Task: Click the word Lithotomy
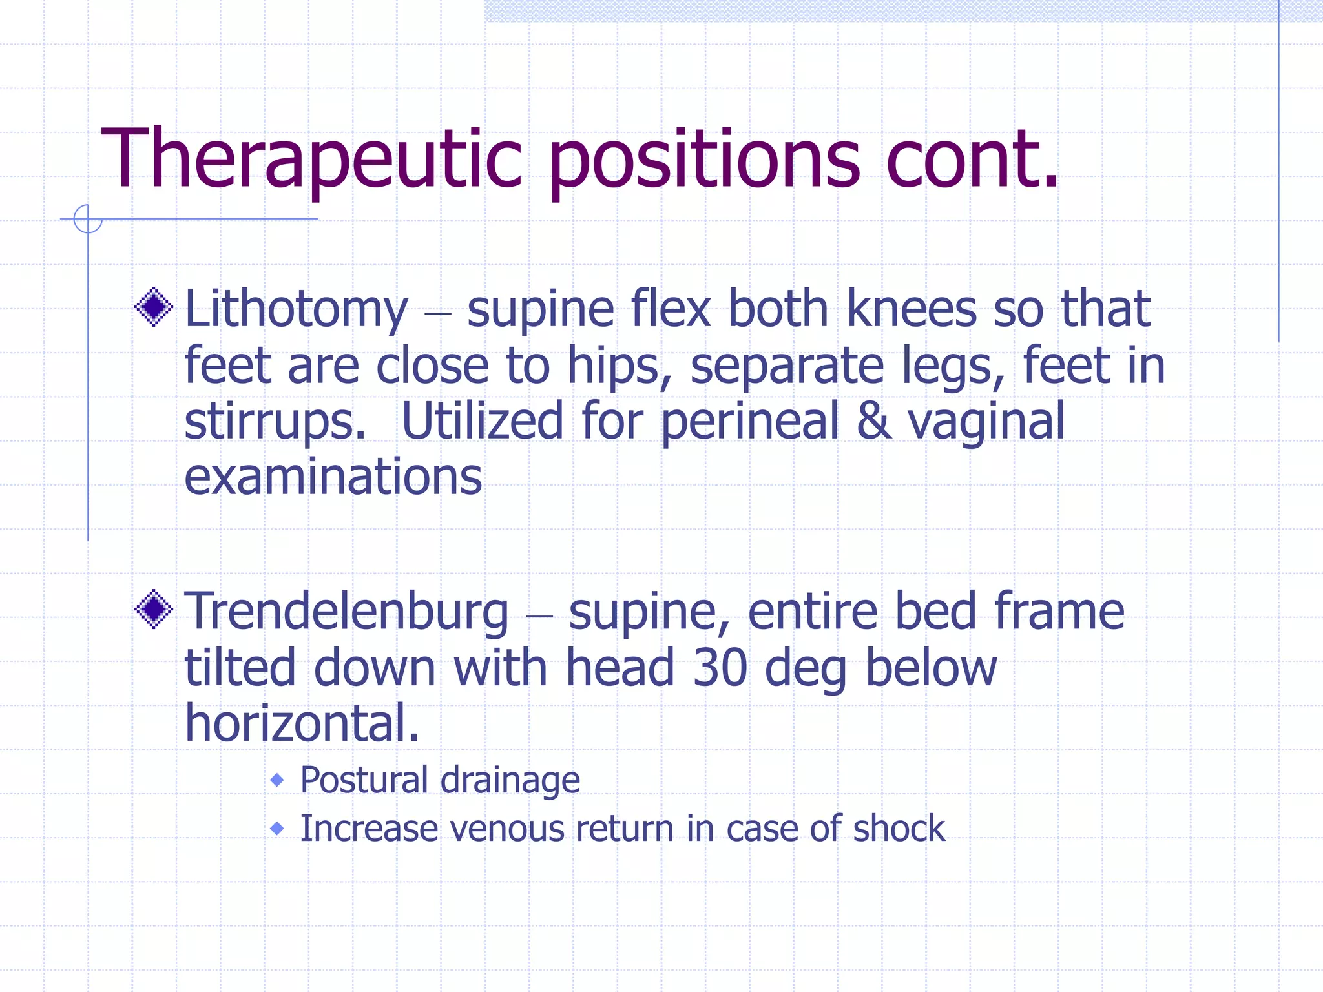[297, 310]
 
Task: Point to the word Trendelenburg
[347, 612]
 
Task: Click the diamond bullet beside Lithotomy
[154, 307]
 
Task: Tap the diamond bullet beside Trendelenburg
[154, 609]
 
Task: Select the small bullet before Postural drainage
[277, 780]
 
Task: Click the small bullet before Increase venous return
[277, 828]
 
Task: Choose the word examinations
[333, 477]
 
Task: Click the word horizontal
[302, 723]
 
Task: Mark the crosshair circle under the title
[88, 219]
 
